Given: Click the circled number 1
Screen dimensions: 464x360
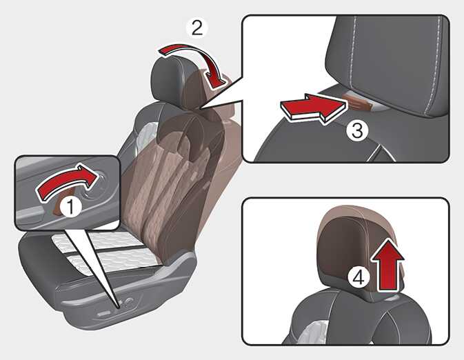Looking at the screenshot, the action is coord(70,207).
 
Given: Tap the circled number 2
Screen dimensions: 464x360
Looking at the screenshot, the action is coord(197,28).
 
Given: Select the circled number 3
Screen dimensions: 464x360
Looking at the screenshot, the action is coord(357,130).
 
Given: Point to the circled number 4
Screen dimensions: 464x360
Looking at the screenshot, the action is coord(359,278).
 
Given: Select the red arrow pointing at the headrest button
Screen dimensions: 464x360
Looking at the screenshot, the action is coord(313,109).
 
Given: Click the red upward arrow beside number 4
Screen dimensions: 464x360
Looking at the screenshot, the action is coord(387,265).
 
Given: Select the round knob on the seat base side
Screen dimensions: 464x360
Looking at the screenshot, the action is coord(129,301).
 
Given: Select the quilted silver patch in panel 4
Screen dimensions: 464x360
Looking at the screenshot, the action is coord(316,332).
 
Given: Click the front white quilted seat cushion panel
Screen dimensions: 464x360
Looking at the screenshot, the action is coord(116,261).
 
